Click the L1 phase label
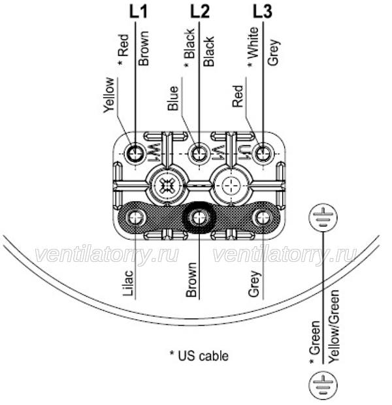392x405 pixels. [139, 12]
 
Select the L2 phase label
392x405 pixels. [200, 12]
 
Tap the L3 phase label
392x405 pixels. [262, 12]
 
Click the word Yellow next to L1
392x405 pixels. [108, 95]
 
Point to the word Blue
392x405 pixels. [173, 98]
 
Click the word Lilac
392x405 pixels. [127, 283]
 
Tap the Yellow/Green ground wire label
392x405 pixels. [334, 327]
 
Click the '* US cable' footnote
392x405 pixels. [199, 356]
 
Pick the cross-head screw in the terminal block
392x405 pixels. [167, 186]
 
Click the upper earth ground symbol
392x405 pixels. [323, 218]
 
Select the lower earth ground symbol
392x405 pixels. [323, 385]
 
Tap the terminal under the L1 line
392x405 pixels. [135, 154]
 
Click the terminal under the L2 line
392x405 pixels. [199, 154]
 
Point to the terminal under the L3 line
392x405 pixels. [263, 154]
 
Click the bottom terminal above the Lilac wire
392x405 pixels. [135, 218]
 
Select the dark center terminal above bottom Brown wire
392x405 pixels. [199, 218]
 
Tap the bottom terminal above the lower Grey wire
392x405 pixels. [263, 218]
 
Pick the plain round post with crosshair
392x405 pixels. [231, 186]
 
